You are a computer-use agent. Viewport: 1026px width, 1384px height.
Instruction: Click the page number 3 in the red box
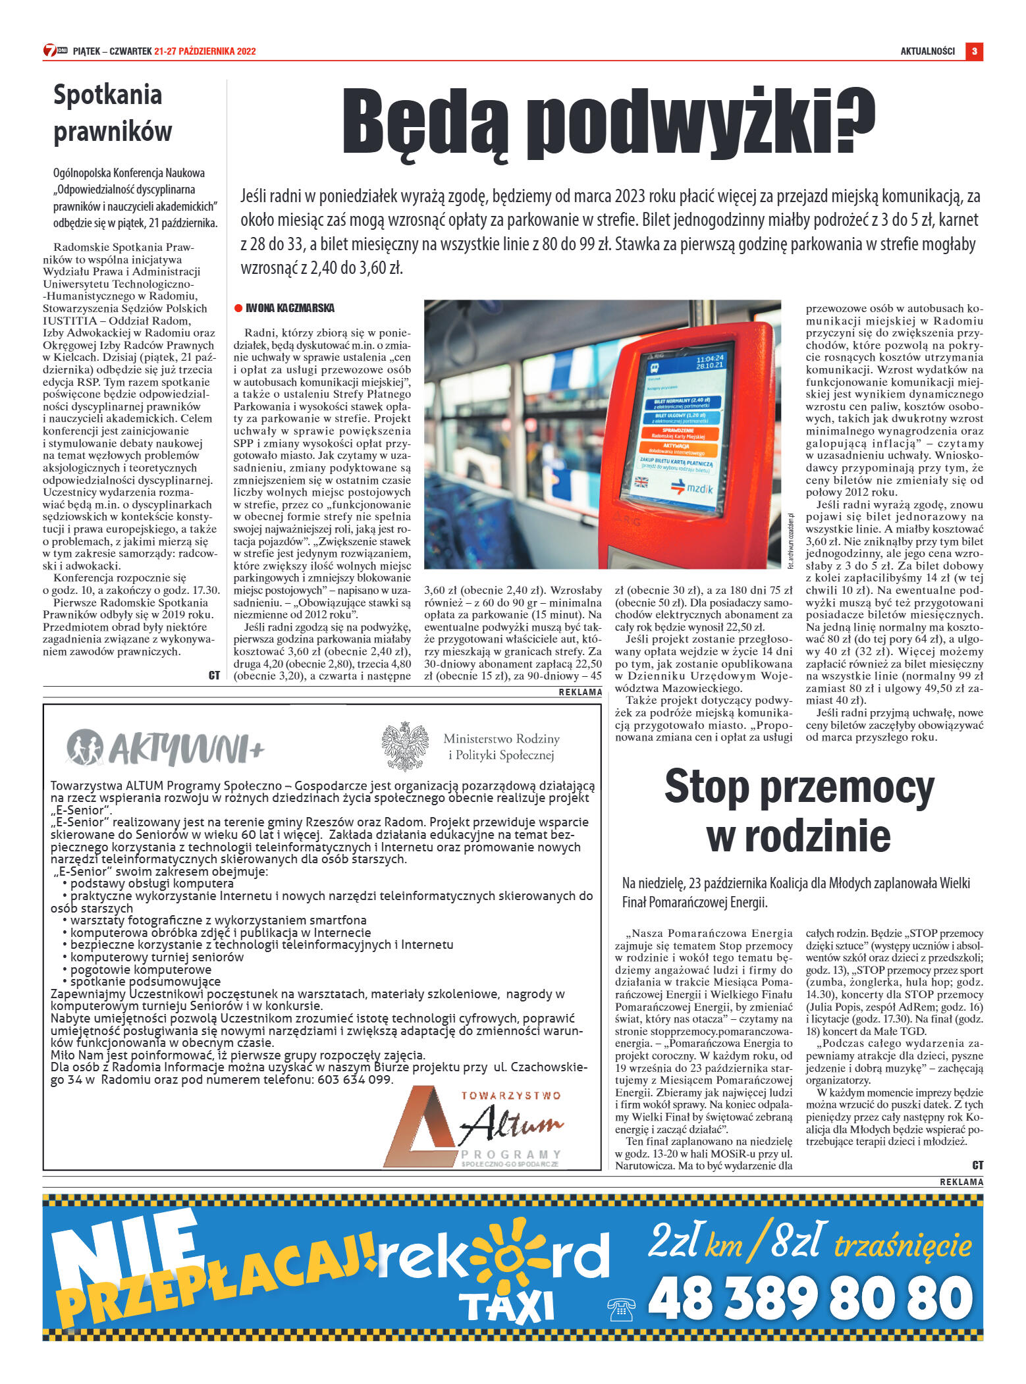coord(974,51)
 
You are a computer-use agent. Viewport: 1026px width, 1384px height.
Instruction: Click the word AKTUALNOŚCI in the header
coord(927,51)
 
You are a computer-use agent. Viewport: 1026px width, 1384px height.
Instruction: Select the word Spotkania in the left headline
coord(107,95)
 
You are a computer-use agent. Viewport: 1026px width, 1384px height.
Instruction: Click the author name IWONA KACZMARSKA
coord(290,308)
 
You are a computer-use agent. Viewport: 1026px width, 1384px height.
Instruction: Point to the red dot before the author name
coord(238,308)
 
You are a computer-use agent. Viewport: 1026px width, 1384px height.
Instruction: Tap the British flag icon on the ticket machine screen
coord(641,482)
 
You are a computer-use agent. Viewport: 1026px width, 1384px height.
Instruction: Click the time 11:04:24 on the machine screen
coord(709,359)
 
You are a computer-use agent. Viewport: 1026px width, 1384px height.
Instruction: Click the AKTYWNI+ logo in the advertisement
coord(165,749)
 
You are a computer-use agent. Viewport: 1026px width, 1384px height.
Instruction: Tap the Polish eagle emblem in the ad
coord(405,747)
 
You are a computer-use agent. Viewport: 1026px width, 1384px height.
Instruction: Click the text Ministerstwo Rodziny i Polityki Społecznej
coord(501,747)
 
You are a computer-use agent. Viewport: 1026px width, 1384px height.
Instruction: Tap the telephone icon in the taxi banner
coord(620,1310)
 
